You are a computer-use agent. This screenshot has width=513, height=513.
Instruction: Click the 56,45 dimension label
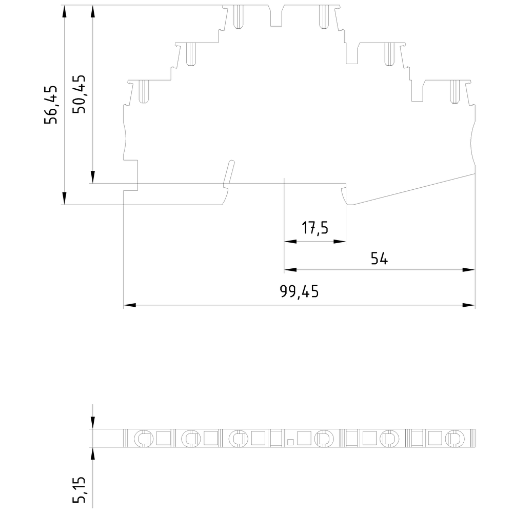point(51,105)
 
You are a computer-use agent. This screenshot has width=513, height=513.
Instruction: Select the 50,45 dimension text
point(80,94)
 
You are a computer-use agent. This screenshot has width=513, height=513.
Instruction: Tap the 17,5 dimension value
point(315,228)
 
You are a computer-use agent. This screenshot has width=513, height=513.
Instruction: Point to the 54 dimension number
point(379,259)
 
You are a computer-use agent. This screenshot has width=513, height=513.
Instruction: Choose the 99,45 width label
point(299,291)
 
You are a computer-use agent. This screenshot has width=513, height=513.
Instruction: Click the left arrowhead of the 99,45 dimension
point(130,305)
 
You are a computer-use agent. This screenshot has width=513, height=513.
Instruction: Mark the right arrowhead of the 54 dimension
point(469,270)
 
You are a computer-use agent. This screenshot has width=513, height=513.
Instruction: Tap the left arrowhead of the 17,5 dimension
point(290,242)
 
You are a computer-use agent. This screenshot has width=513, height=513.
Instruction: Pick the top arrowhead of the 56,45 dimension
point(65,11)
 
